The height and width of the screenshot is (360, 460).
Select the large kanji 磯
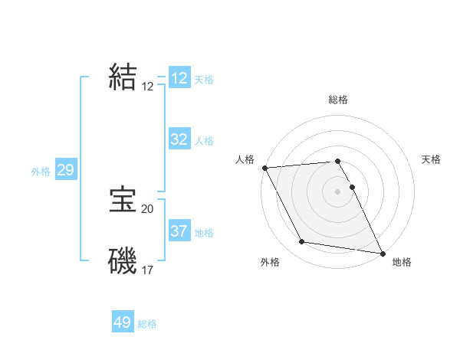[123, 260]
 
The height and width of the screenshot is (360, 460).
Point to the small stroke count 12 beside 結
[148, 87]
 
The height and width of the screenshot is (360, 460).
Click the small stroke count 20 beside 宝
[148, 208]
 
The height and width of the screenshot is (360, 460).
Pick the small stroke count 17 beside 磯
[148, 270]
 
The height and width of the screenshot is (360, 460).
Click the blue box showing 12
[179, 78]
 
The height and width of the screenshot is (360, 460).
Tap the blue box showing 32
[179, 139]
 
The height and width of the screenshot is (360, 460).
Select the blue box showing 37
[179, 231]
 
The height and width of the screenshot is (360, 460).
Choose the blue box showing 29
[65, 170]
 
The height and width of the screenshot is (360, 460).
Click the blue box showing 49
[123, 322]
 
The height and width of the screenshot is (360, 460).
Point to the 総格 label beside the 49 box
[147, 324]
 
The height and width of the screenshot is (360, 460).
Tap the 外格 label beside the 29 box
[41, 172]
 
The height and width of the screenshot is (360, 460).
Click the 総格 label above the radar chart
[338, 100]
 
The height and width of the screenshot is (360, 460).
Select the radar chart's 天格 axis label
[431, 159]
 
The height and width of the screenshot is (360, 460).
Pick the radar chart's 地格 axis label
[402, 262]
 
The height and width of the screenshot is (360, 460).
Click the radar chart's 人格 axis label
[245, 159]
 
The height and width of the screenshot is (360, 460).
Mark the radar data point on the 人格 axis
[264, 168]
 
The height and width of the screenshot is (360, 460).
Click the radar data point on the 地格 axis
[382, 253]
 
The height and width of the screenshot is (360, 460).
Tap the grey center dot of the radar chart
[338, 191]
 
